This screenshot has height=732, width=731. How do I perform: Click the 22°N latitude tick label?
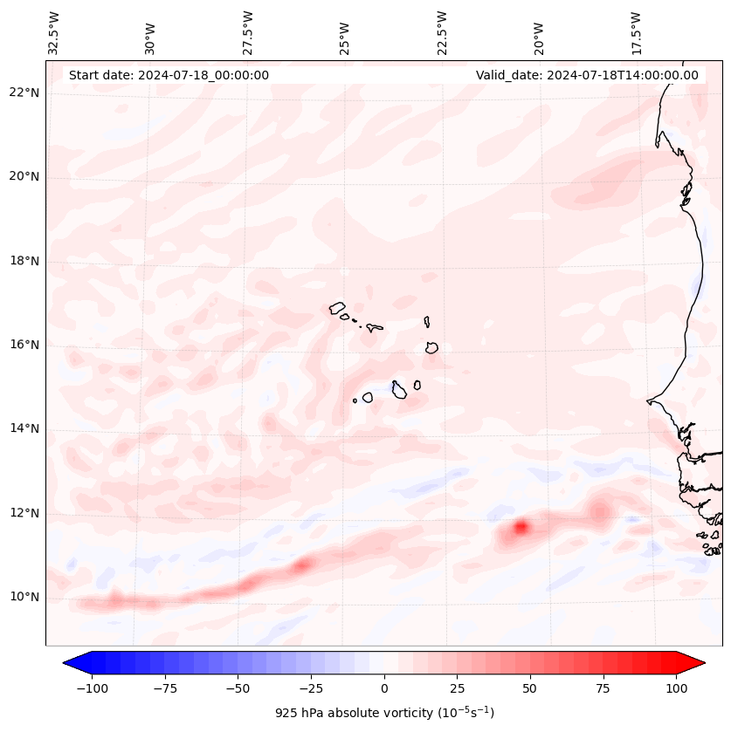tap(24, 92)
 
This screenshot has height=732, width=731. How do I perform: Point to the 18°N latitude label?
tap(24, 261)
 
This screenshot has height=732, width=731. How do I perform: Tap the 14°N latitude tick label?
tap(24, 428)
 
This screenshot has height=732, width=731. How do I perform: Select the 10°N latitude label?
tap(24, 597)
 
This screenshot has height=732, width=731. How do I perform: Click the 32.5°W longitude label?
tap(54, 33)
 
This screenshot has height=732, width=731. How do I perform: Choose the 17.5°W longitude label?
tap(636, 33)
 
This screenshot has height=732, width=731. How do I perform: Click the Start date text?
tap(169, 75)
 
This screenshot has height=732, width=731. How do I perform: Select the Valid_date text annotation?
tap(587, 75)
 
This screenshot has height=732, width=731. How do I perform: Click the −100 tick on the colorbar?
tap(92, 688)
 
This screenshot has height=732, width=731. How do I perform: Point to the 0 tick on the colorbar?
tap(383, 688)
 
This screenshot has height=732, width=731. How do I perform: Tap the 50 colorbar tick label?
tap(529, 688)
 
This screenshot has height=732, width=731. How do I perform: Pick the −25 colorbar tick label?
tap(310, 688)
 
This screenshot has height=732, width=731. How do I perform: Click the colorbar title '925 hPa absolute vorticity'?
tap(384, 713)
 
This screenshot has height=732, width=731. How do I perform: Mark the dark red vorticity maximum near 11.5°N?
tap(521, 527)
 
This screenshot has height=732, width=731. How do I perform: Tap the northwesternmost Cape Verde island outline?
tap(337, 308)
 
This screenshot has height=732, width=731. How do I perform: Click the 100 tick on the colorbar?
tap(675, 688)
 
